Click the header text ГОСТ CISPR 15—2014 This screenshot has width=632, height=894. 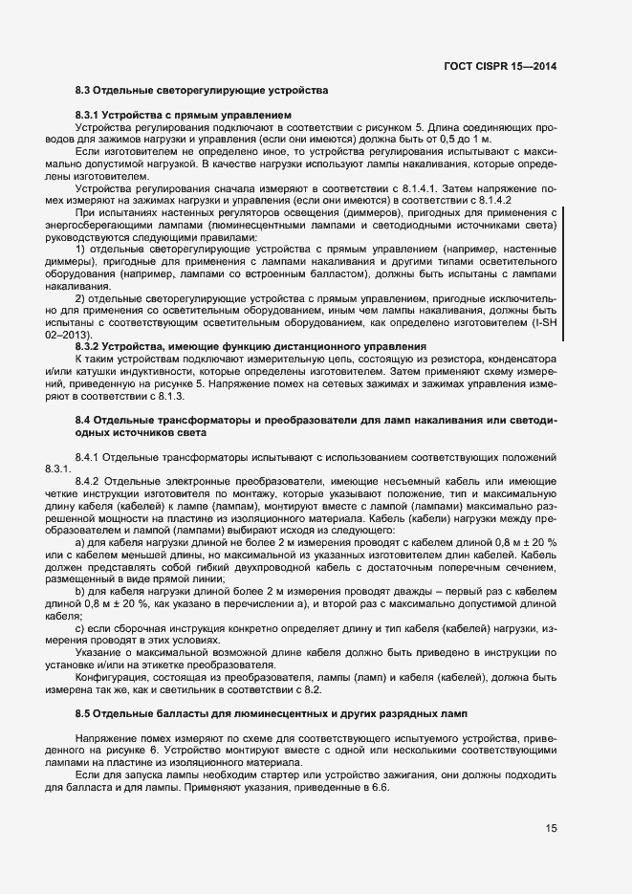click(x=500, y=66)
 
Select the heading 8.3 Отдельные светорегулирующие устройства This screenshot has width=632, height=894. click(x=202, y=91)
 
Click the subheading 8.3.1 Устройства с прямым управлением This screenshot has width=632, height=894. click(x=182, y=116)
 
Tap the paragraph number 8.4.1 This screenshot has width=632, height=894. click(x=89, y=456)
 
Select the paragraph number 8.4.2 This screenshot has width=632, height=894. click(x=89, y=479)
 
